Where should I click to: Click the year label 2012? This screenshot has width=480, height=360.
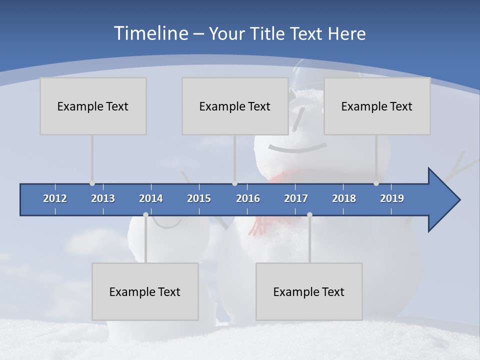(x=55, y=198)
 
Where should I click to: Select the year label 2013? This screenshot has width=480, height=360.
(x=103, y=198)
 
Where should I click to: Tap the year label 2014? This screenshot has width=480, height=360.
(x=151, y=198)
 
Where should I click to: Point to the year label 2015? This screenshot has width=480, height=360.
(x=199, y=198)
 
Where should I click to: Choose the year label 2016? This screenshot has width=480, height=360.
(x=248, y=198)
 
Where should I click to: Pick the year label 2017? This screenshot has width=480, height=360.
(x=296, y=198)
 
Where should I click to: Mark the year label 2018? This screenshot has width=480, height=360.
(x=344, y=198)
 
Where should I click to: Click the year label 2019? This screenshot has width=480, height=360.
(x=392, y=198)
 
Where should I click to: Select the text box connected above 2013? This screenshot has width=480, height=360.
(x=93, y=106)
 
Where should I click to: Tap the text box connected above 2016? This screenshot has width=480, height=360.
(x=235, y=106)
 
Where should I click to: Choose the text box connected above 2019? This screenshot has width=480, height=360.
(x=377, y=106)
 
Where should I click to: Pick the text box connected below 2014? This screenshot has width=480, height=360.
(x=145, y=291)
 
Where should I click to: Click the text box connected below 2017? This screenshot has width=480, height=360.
(x=309, y=291)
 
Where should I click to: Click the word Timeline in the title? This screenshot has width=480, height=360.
(x=150, y=33)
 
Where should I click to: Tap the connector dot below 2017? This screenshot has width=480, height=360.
(x=309, y=215)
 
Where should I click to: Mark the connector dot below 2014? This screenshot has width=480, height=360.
(x=145, y=215)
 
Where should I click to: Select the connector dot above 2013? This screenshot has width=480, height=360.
(x=92, y=183)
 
